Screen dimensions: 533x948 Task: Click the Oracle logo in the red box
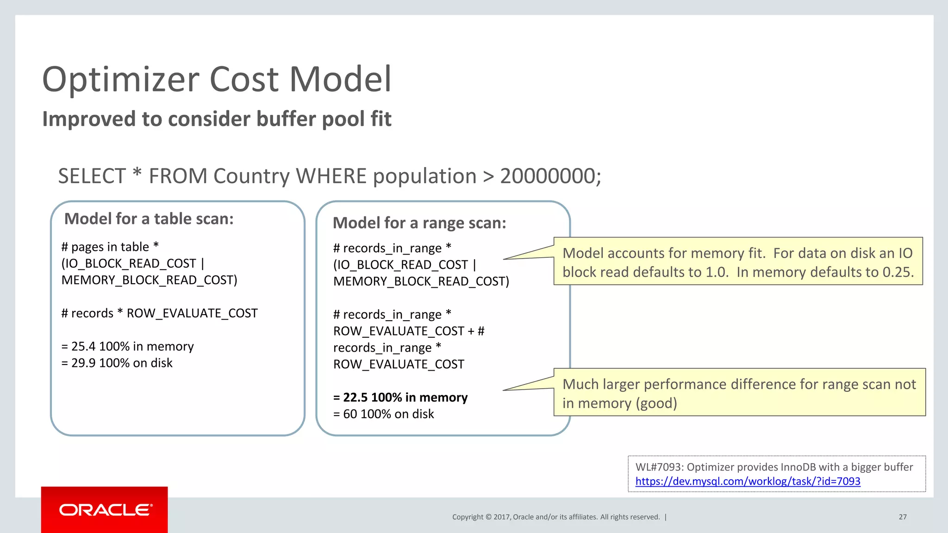[105, 510]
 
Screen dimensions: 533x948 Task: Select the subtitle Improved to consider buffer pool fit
[217, 119]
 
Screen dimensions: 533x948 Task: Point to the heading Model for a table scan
[149, 219]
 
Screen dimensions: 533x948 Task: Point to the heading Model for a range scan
[419, 223]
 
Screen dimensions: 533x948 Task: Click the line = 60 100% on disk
[384, 414]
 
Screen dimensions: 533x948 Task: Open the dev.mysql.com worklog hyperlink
[748, 481]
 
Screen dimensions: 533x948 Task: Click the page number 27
[903, 517]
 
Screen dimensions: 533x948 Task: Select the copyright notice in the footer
[555, 517]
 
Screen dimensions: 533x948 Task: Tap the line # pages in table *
[110, 247]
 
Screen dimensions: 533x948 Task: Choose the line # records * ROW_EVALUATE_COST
[159, 314]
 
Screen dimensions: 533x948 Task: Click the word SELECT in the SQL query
[92, 176]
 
